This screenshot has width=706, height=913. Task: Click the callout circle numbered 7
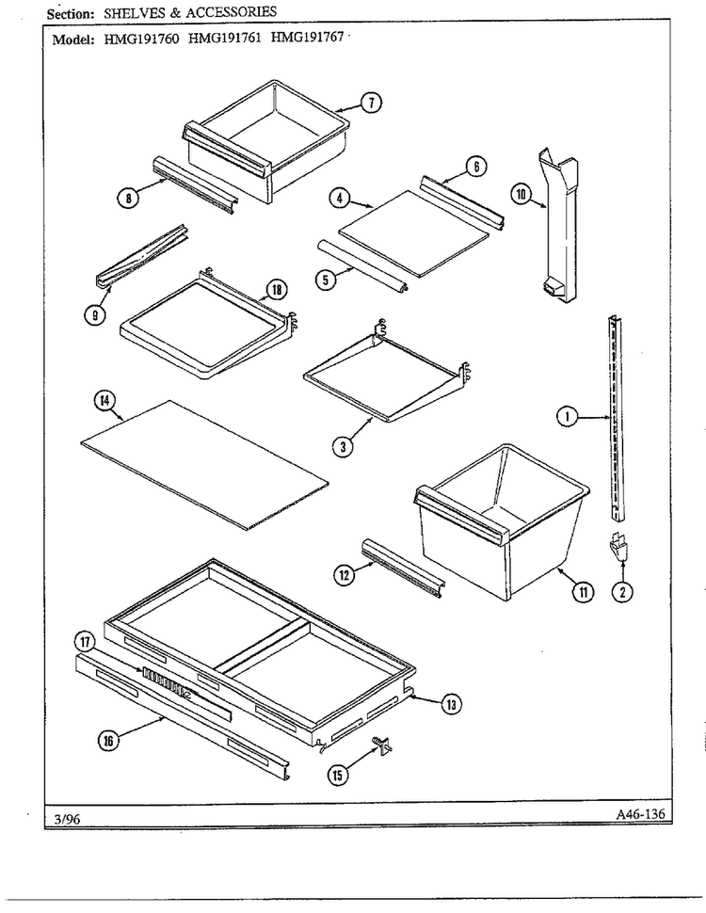point(371,103)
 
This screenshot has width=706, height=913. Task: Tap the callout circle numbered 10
point(521,194)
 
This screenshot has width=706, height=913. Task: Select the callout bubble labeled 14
point(104,401)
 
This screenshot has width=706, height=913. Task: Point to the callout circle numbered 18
point(276,289)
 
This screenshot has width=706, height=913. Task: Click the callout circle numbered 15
point(338,775)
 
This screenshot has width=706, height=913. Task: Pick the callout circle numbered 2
point(623,592)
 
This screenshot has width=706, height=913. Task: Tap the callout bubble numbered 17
point(85,642)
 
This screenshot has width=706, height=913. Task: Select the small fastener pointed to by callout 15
point(383,745)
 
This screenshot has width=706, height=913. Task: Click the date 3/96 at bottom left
point(67,819)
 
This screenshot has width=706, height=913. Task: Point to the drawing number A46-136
point(640,814)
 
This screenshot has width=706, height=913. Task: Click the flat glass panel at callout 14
point(204,465)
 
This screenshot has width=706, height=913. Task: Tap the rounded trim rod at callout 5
point(362,265)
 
